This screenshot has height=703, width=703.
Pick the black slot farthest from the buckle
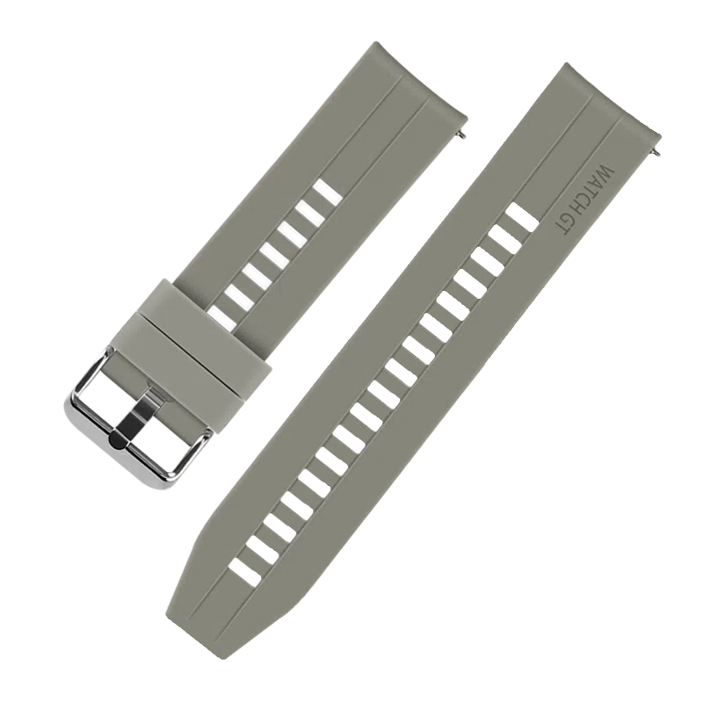point(325,189)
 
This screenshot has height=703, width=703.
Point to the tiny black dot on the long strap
point(446,333)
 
